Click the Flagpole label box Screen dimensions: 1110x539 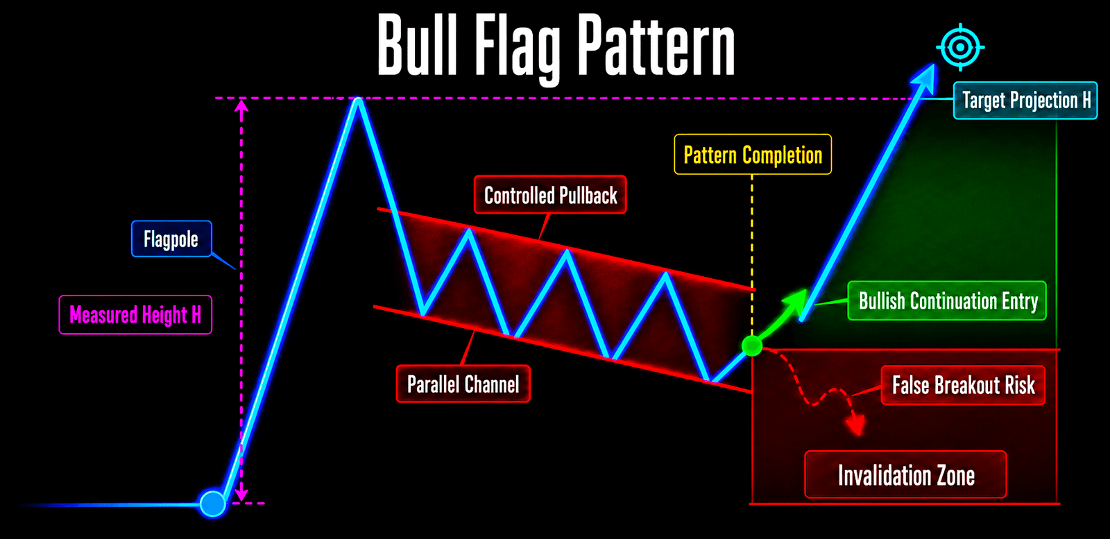click(x=171, y=239)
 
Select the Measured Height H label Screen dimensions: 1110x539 click(x=135, y=314)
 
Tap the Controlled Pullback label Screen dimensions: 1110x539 click(x=550, y=195)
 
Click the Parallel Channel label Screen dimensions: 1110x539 click(x=463, y=384)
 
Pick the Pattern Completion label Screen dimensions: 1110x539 click(x=753, y=155)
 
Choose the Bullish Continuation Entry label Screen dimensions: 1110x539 click(x=947, y=300)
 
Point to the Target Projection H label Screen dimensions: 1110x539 click(x=1025, y=101)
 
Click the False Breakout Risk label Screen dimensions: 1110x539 click(x=963, y=386)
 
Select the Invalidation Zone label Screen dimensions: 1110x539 click(x=905, y=474)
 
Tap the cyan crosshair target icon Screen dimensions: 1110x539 click(x=960, y=47)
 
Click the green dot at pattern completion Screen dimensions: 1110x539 click(x=752, y=345)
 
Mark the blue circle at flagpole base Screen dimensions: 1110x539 click(x=212, y=504)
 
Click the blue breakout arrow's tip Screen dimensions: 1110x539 click(x=934, y=64)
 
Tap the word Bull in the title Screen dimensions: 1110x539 click(x=417, y=44)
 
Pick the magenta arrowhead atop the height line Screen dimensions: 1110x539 click(x=241, y=105)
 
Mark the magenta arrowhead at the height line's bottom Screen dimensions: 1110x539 click(x=241, y=495)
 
